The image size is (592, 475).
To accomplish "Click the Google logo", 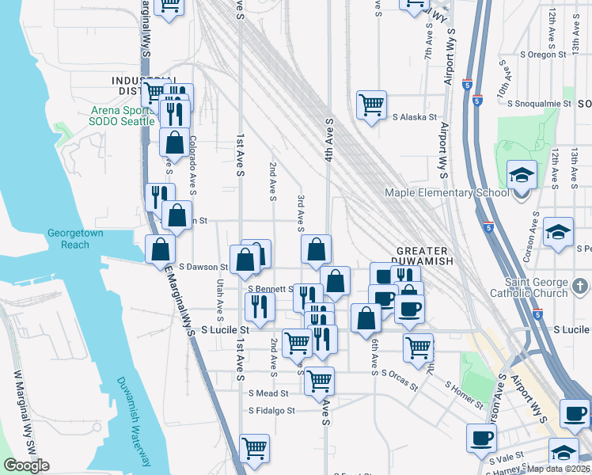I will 26,465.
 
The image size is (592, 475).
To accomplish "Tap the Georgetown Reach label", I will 74,239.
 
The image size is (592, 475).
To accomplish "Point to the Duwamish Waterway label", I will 135,419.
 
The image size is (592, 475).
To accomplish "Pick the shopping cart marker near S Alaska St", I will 371,104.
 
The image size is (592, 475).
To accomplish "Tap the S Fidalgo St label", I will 271,411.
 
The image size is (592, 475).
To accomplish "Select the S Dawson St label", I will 204,268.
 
